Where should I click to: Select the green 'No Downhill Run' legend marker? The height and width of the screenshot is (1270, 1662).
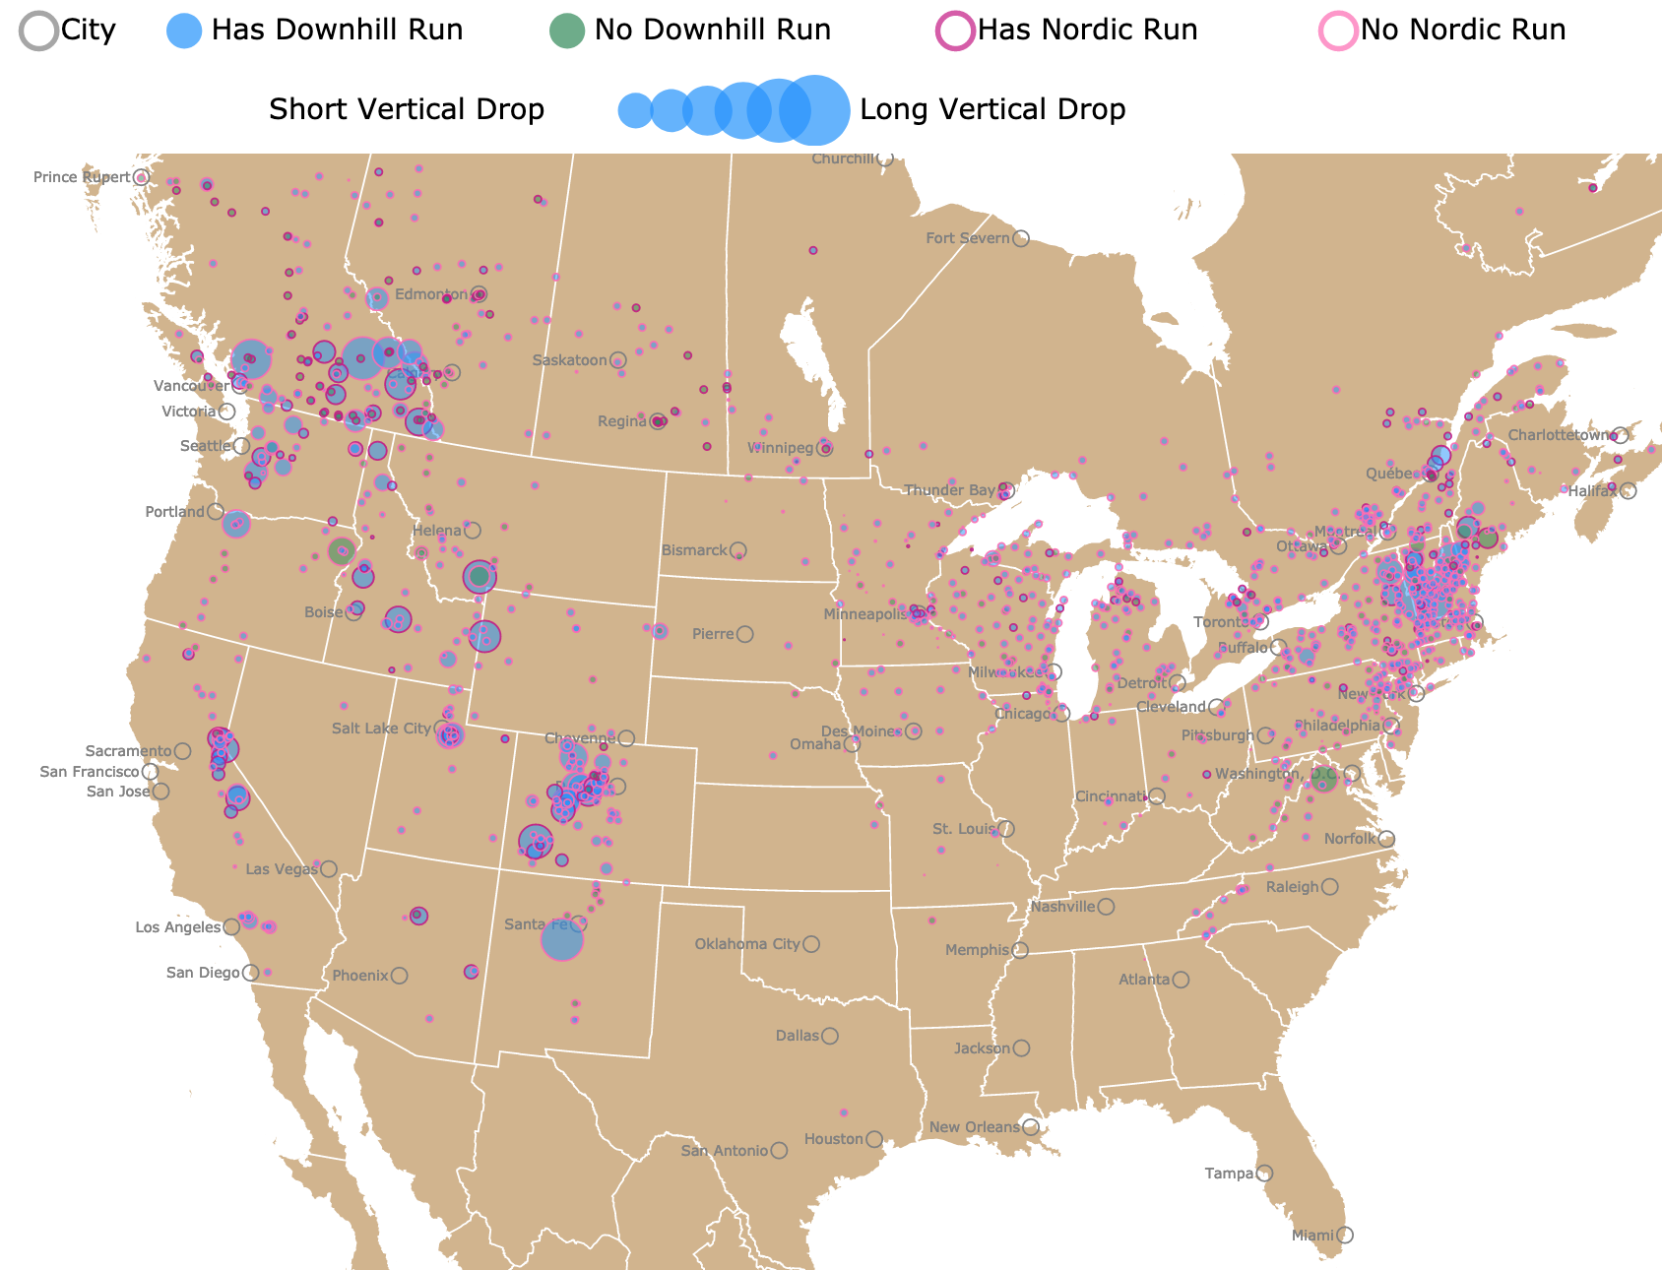point(566,31)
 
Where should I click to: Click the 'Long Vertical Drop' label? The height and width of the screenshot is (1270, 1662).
point(992,109)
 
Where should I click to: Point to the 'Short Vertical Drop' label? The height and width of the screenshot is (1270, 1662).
point(407,109)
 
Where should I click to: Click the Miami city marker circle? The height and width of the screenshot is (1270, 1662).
point(1345,1235)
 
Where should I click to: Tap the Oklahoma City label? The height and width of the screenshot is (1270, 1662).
point(747,944)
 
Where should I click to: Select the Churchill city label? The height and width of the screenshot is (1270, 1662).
point(842,159)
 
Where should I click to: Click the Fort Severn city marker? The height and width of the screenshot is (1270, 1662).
point(1021,238)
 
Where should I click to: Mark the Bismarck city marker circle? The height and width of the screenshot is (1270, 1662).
point(737,550)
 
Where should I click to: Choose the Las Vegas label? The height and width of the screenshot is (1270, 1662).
point(282,869)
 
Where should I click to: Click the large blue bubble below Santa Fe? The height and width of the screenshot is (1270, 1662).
point(562,940)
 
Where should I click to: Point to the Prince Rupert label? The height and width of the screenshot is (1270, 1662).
point(82,177)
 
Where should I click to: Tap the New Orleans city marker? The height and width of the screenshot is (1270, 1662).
point(1031,1127)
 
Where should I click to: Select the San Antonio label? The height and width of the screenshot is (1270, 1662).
point(724,1151)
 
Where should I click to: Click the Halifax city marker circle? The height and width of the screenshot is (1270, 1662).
point(1629,490)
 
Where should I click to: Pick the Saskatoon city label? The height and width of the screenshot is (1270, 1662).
point(569,360)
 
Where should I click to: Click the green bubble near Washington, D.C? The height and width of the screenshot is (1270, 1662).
point(1324,780)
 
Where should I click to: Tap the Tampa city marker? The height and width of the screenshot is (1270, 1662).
point(1264,1174)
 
